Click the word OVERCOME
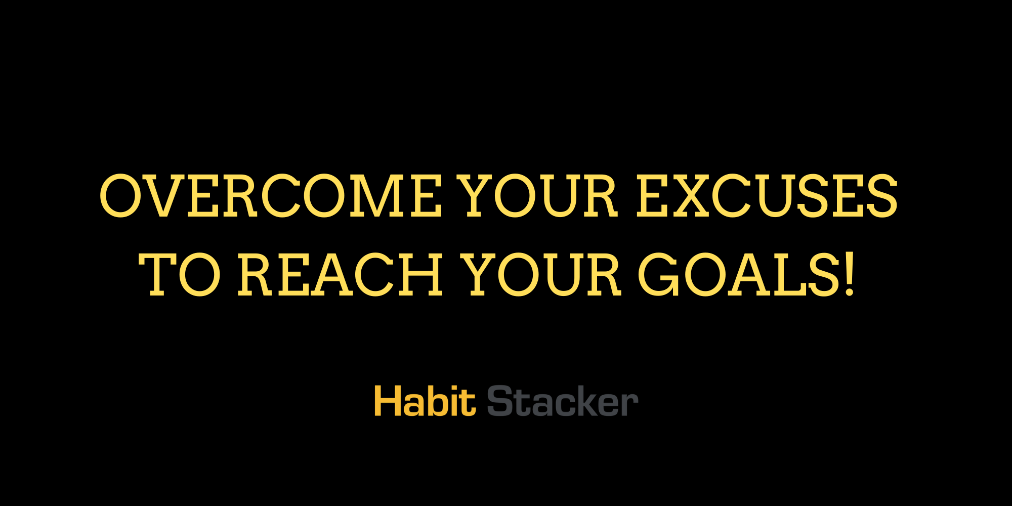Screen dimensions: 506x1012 pyautogui.click(x=271, y=196)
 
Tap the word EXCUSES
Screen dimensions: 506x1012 pyautogui.click(x=767, y=196)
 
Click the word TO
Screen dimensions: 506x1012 pyautogui.click(x=180, y=275)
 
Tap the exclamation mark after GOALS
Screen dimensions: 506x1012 pyautogui.click(x=850, y=275)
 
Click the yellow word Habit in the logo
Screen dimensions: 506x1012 pyautogui.click(x=425, y=401)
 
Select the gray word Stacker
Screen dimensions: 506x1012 pyautogui.click(x=562, y=401)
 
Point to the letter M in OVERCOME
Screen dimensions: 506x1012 pyautogui.click(x=374, y=196)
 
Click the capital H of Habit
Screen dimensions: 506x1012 pyautogui.click(x=387, y=401)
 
